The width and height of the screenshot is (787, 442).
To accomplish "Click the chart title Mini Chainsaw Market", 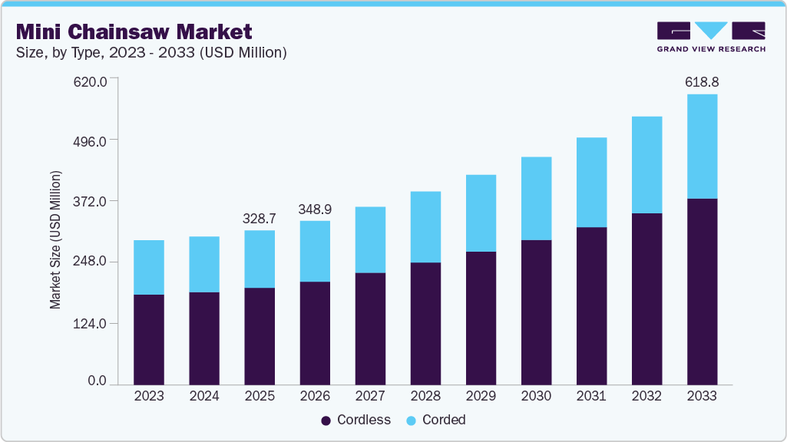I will click(134, 31).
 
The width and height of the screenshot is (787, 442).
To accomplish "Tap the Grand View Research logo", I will click(710, 36).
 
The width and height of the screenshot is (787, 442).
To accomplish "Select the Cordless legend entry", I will click(355, 420).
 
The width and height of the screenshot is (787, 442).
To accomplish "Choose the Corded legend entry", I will click(435, 420).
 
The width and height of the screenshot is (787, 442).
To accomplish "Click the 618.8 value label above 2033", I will click(702, 81).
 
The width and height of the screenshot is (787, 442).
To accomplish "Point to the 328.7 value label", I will click(259, 219).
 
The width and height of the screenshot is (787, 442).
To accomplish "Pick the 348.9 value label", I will click(315, 209).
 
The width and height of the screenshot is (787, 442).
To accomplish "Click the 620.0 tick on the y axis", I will click(91, 80).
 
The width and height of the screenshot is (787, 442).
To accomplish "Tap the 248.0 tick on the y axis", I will click(91, 262).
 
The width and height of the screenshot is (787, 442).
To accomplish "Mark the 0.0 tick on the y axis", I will click(97, 381).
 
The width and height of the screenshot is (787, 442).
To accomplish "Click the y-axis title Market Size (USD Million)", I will click(55, 239).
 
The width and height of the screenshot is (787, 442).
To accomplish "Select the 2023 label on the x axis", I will click(148, 396).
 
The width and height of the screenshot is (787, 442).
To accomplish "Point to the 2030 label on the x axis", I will click(536, 396).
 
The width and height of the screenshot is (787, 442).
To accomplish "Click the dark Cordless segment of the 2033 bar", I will click(702, 292).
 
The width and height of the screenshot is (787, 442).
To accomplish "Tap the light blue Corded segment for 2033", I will click(702, 146).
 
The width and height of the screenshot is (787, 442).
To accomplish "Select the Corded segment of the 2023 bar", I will click(148, 267).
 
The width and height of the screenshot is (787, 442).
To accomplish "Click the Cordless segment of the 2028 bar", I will click(425, 323).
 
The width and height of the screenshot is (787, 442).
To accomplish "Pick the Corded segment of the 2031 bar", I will click(591, 182).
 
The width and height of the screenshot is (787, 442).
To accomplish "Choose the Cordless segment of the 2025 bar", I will click(259, 336).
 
